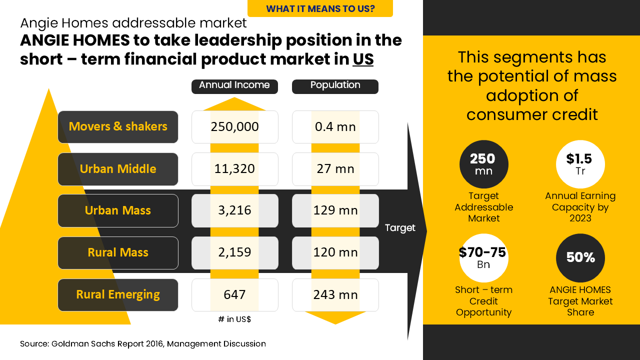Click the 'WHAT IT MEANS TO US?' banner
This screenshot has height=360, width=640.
[x=320, y=8]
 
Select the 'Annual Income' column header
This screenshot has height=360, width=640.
[x=234, y=85]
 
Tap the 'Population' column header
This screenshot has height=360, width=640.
[x=335, y=85]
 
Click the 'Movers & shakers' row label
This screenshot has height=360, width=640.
[x=118, y=127]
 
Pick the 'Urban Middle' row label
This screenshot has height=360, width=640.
[x=118, y=169]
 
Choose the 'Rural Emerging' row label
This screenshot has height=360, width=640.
[x=118, y=295]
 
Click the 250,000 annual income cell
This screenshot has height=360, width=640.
[x=234, y=127]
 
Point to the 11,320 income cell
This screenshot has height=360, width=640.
[x=234, y=169]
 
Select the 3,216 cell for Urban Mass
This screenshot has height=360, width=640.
[x=234, y=210]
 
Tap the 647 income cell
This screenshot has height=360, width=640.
[x=234, y=295]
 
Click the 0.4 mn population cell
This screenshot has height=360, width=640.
[x=335, y=127]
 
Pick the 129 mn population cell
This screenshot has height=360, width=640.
[x=335, y=210]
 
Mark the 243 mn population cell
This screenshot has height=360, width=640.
[x=335, y=295]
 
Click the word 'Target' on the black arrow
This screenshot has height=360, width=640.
[x=400, y=228]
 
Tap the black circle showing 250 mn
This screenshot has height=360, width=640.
[x=483, y=164]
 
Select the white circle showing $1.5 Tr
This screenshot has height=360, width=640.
[x=580, y=164]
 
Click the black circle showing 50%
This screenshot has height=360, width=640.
[x=580, y=258]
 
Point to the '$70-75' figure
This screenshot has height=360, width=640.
[x=482, y=252]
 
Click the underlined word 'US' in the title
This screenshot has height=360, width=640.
[x=363, y=59]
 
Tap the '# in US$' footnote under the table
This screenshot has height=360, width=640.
[x=234, y=319]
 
